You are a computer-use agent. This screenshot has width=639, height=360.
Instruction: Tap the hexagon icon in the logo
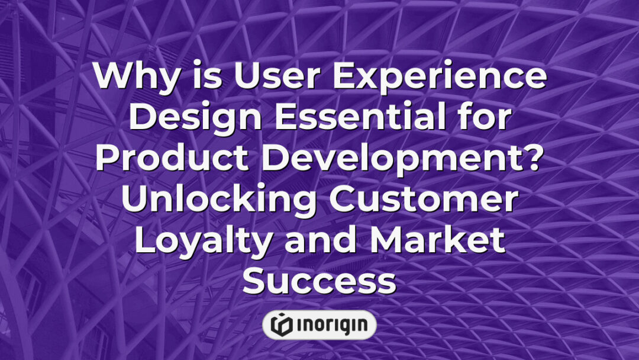pos(280,324)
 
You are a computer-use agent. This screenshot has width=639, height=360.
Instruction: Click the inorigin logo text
pos(331,324)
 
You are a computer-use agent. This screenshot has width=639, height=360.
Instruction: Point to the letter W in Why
pos(112,77)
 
